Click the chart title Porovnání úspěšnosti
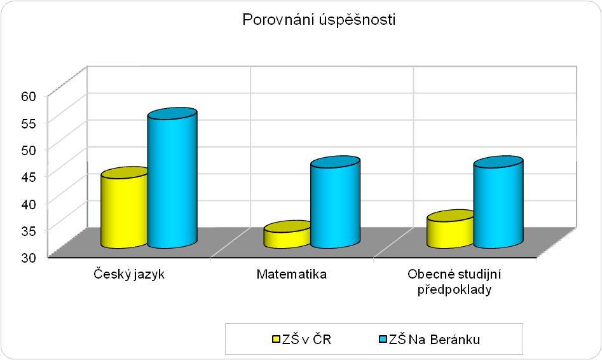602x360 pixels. coord(318,20)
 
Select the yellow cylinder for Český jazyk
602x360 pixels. coord(125,207)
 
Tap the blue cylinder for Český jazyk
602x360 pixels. coord(172,178)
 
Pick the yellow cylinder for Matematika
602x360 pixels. coord(287,234)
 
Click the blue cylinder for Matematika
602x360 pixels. coord(335,202)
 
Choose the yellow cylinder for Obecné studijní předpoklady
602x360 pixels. coord(450,229)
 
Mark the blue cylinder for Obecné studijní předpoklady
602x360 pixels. coord(498,202)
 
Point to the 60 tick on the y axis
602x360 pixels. coord(29,96)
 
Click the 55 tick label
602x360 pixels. coord(29,123)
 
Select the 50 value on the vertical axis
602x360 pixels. coord(29,150)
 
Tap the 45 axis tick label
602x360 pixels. coord(29,177)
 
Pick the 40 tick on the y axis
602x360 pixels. coord(29,204)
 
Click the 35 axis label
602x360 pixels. coord(29,230)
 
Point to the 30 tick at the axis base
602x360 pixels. coord(29,258)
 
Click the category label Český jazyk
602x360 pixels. coord(129,275)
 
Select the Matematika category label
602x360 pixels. coord(292,274)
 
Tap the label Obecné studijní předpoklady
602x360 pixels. coord(455,282)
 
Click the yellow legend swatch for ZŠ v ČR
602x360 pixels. coord(276,339)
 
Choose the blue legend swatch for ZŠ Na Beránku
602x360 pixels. coord(383,339)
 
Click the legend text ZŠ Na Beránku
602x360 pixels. coord(434,340)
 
